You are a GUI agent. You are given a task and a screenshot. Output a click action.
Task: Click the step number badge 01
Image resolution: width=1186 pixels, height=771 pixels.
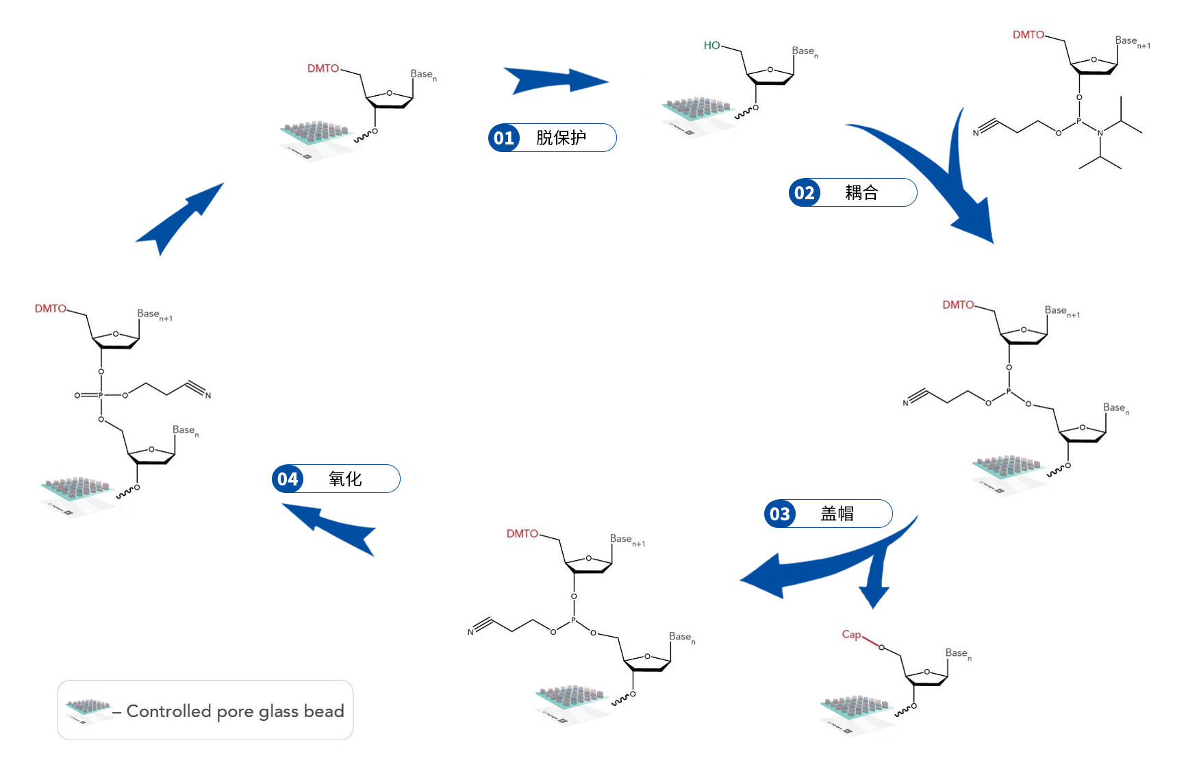pyautogui.click(x=504, y=138)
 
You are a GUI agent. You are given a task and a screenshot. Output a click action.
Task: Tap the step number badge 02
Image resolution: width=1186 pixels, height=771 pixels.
pyautogui.click(x=805, y=192)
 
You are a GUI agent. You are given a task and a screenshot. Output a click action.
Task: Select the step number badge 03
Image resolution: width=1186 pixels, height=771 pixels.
pyautogui.click(x=780, y=514)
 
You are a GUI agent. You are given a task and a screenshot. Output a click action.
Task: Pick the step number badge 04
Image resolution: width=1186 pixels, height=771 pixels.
pyautogui.click(x=288, y=479)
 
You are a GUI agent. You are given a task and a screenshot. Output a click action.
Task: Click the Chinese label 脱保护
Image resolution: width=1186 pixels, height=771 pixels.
pyautogui.click(x=561, y=138)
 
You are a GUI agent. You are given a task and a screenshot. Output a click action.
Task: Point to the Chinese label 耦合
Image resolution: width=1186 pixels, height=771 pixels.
pyautogui.click(x=861, y=192)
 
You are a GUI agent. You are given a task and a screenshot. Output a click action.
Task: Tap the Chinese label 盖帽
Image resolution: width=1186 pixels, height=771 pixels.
pyautogui.click(x=837, y=514)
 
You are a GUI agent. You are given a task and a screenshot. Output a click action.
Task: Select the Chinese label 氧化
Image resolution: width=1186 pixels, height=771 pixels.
pyautogui.click(x=344, y=479)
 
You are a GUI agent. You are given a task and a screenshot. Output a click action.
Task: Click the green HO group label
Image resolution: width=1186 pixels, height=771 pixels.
pyautogui.click(x=711, y=45)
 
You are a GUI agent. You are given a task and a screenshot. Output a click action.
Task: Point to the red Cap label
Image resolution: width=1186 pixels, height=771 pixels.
pyautogui.click(x=851, y=634)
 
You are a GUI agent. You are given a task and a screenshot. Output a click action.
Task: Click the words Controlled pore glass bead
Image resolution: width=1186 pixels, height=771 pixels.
pyautogui.click(x=235, y=711)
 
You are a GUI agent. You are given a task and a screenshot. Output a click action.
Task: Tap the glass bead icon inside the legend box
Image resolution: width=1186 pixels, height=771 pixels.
pyautogui.click(x=88, y=709)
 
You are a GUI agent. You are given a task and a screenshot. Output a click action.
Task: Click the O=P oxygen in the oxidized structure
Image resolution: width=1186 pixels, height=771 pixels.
pyautogui.click(x=77, y=395)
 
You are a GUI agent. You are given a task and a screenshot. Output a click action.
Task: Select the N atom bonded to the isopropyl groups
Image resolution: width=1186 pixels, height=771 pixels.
pyautogui.click(x=1100, y=133)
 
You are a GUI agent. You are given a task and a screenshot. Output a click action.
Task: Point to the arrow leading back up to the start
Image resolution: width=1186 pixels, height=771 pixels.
pyautogui.click(x=179, y=217)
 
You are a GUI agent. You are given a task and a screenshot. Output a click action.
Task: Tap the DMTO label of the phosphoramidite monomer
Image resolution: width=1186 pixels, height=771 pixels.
pyautogui.click(x=1029, y=34)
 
